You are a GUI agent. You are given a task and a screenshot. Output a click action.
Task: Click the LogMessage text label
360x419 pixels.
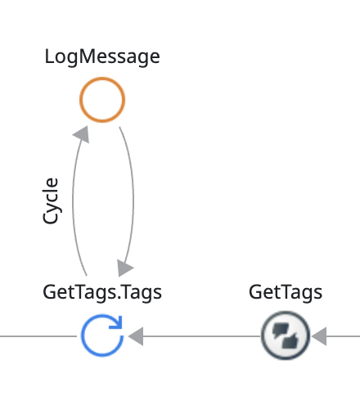(102, 56)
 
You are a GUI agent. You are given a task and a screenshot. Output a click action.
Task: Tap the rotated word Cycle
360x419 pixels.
(51, 200)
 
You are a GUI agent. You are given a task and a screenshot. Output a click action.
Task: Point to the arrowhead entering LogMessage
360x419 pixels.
(82, 134)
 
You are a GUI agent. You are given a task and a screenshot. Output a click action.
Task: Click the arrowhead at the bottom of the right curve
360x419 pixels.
(124, 268)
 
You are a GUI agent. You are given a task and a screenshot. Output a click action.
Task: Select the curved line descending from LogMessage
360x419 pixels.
(133, 196)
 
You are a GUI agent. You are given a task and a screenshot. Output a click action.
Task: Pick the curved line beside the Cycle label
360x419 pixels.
(73, 202)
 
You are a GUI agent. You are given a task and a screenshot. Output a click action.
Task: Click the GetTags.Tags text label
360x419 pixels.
(102, 293)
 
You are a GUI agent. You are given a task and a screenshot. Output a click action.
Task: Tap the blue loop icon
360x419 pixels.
(83, 336)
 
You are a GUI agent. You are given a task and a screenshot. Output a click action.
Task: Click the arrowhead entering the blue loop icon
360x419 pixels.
(136, 336)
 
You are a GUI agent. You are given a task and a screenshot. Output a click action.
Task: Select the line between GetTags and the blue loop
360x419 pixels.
(202, 336)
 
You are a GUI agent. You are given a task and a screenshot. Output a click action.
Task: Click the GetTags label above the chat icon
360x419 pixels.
(286, 293)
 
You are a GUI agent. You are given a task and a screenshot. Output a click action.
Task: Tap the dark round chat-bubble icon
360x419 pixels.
(286, 336)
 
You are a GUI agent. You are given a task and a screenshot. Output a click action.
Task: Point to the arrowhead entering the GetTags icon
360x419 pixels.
(319, 336)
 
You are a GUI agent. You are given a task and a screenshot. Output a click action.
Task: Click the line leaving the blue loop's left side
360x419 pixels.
(38, 336)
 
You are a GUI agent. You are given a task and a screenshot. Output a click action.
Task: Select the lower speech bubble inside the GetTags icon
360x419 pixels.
(290, 342)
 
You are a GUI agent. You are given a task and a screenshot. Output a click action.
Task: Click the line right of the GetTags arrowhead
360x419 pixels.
(343, 336)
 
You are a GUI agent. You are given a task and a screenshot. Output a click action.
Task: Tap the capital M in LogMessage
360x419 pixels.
(88, 56)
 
